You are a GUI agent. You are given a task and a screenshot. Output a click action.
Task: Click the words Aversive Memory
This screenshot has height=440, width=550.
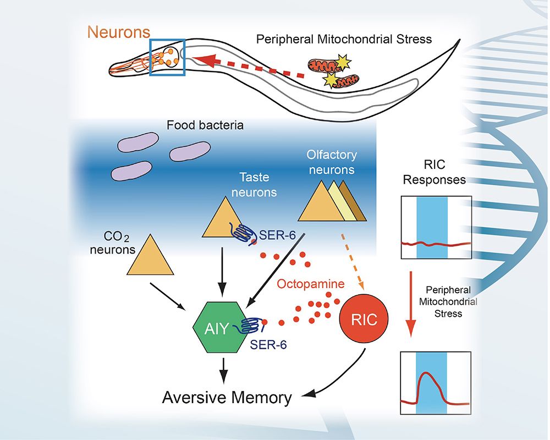coord(227,397)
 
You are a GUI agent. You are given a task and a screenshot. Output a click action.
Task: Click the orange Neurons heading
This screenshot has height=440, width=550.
coord(120,32)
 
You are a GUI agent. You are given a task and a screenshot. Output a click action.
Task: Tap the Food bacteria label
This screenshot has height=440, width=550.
coord(205,125)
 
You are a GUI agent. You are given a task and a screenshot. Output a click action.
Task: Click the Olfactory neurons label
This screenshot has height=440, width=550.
coord(332,162)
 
